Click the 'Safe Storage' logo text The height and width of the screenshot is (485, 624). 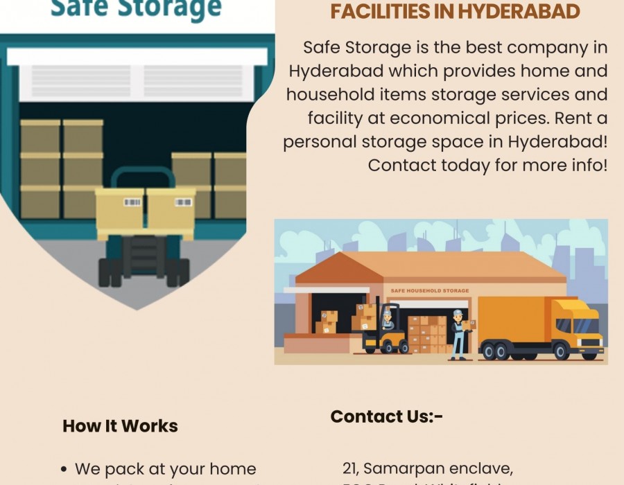click(x=135, y=9)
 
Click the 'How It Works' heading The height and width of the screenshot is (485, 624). click(x=120, y=425)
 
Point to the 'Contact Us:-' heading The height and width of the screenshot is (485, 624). click(x=386, y=416)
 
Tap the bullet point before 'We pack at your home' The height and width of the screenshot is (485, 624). click(x=64, y=470)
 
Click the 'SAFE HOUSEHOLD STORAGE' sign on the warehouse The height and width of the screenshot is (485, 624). click(x=429, y=291)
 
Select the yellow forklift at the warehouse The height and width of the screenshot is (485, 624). click(x=385, y=329)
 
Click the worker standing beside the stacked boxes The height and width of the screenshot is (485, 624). click(x=458, y=334)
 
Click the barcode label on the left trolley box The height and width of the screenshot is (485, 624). click(x=132, y=202)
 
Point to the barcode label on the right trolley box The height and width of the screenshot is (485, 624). click(x=183, y=202)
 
